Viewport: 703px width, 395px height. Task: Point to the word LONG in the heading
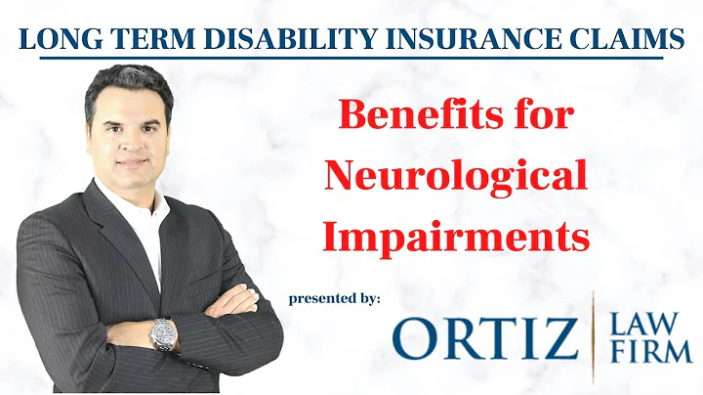(x=56, y=40)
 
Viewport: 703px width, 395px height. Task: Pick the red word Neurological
(x=456, y=178)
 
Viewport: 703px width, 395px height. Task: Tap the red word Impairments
(x=457, y=236)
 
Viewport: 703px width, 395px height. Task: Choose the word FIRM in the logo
(x=651, y=354)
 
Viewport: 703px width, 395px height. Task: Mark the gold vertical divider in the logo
(x=595, y=337)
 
